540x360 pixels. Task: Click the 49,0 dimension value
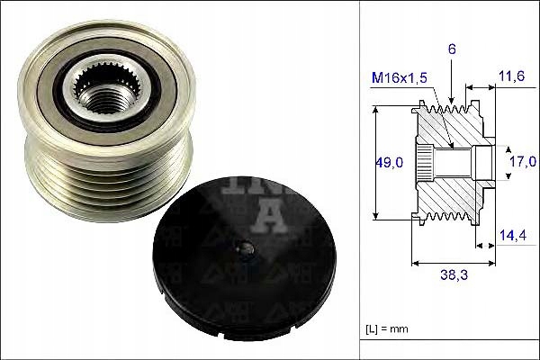pyautogui.click(x=388, y=162)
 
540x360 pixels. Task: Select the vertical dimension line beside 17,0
pyautogui.click(x=501, y=162)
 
